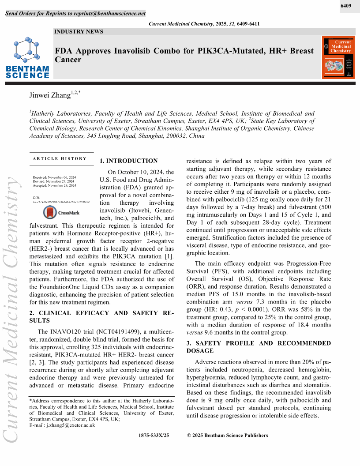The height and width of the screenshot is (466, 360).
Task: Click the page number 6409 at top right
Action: (x=346, y=6)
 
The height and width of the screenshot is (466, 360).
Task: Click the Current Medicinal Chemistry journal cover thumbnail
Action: (x=338, y=58)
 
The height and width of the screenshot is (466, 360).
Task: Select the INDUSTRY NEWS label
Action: (x=79, y=32)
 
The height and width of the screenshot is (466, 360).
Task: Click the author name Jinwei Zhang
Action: (x=49, y=95)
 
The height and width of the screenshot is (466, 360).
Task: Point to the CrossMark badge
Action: (x=61, y=213)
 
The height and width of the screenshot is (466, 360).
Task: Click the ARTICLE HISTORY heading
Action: (x=60, y=158)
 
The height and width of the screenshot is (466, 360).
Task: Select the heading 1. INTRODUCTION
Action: (x=129, y=161)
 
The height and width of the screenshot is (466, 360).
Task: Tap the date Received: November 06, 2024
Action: (x=54, y=177)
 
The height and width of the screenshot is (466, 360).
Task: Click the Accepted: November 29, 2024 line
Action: (x=54, y=185)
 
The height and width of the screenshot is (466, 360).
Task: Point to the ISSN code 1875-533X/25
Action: (x=154, y=436)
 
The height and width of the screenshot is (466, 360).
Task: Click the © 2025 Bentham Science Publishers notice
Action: (x=228, y=436)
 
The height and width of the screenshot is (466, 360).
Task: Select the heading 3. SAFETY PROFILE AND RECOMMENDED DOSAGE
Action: (x=258, y=347)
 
